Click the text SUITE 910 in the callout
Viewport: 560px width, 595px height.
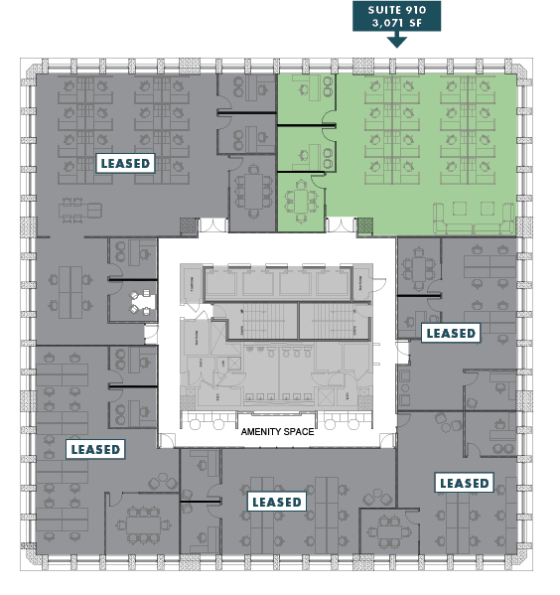click(x=397, y=10)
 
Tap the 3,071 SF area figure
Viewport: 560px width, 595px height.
click(x=397, y=23)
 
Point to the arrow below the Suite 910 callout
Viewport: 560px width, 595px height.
click(x=397, y=40)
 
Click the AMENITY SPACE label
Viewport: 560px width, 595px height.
click(x=277, y=432)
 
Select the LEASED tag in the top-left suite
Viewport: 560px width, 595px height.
click(x=125, y=164)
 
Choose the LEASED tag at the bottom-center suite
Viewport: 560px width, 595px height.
click(x=277, y=502)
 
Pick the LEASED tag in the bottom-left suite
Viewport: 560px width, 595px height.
click(x=95, y=449)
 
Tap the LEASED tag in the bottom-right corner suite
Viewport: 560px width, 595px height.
click(x=464, y=483)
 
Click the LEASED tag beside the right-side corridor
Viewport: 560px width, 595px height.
click(x=451, y=333)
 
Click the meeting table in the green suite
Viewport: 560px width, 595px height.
click(x=301, y=202)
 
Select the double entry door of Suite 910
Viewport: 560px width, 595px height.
click(x=342, y=224)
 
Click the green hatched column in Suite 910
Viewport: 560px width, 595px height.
click(x=365, y=226)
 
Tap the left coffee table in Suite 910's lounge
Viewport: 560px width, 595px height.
click(x=460, y=209)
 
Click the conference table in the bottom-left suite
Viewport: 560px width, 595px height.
click(x=144, y=525)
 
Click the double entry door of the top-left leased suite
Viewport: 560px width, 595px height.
click(x=212, y=225)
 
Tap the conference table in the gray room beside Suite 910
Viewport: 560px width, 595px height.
click(x=253, y=192)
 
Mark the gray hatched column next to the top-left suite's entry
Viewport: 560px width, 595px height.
click(x=189, y=226)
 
